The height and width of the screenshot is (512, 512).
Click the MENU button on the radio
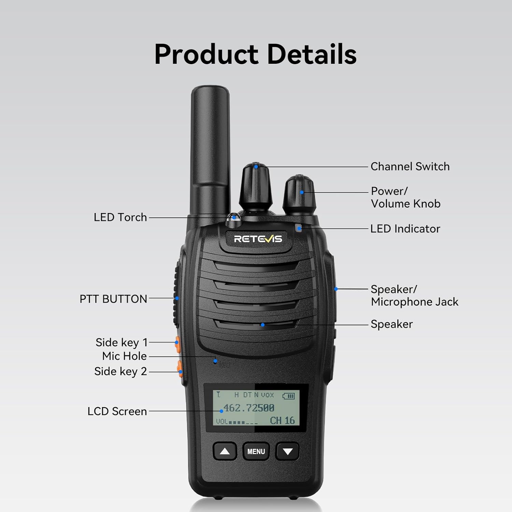(x=256, y=451)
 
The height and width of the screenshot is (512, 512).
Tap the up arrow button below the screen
(x=225, y=451)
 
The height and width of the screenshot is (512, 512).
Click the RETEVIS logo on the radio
(x=258, y=239)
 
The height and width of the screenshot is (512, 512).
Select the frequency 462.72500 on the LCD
(x=249, y=408)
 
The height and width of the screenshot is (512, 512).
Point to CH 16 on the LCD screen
(x=282, y=421)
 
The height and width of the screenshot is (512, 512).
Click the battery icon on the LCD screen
(x=289, y=396)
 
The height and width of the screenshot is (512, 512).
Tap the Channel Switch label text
(x=410, y=167)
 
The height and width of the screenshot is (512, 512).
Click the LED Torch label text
(x=120, y=217)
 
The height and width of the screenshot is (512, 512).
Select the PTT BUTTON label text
(x=113, y=299)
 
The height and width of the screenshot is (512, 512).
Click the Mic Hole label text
(x=124, y=356)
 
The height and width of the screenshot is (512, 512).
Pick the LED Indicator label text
(x=405, y=229)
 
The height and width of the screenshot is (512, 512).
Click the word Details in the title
(x=312, y=54)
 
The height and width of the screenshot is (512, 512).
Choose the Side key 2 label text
(x=120, y=371)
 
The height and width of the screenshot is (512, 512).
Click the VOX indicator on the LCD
(x=268, y=395)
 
